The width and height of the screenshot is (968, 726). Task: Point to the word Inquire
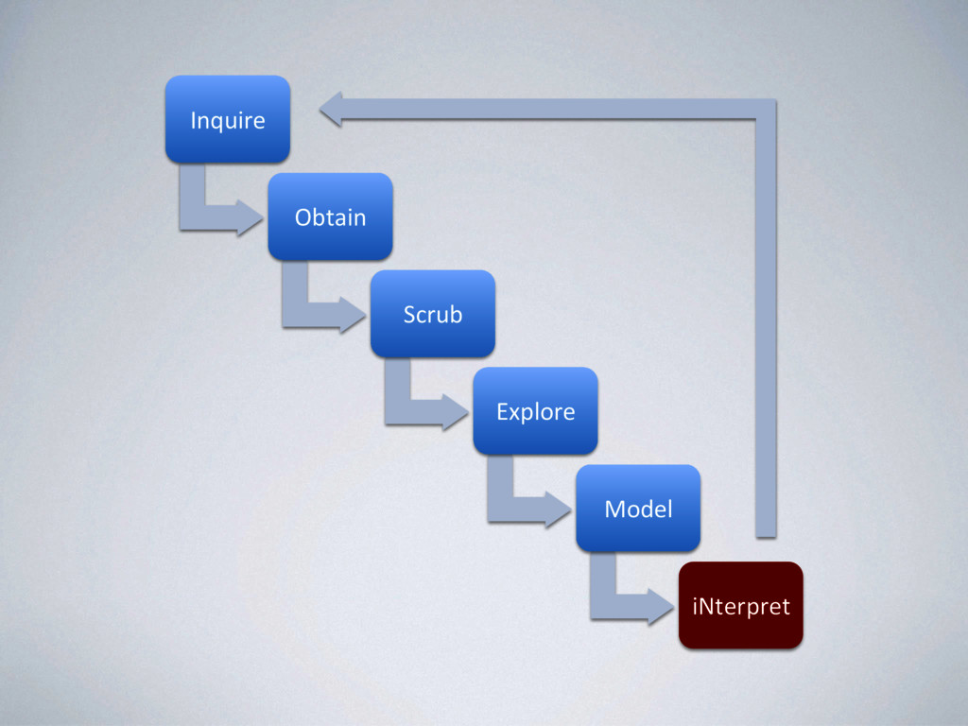227,120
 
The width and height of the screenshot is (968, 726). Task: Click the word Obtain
330,217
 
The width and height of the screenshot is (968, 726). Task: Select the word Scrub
432,315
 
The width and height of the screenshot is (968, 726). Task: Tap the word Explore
535,412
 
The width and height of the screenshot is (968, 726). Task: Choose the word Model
638,510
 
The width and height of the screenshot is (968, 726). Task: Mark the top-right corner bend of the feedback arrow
766,109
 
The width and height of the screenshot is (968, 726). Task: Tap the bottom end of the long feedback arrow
766,531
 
